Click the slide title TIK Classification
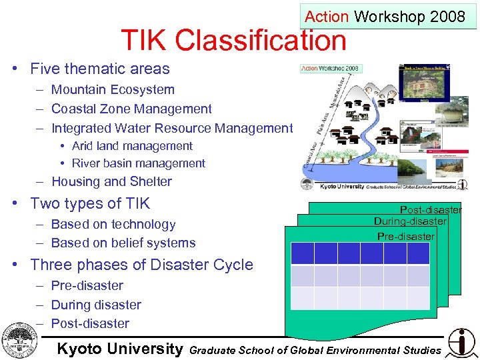click(233, 41)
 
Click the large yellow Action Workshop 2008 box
click(385, 17)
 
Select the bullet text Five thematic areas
click(100, 69)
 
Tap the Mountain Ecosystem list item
click(113, 90)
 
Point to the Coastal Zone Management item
click(131, 109)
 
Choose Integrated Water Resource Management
click(172, 128)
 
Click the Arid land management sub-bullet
click(132, 146)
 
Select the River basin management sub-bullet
click(138, 163)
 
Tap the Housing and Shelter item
click(111, 181)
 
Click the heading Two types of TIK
click(90, 203)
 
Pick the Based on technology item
click(113, 225)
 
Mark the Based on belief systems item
click(123, 243)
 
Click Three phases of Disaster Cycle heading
click(141, 265)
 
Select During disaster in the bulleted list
click(96, 305)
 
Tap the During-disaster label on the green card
click(409, 221)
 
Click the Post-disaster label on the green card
click(430, 210)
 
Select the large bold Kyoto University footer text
click(120, 349)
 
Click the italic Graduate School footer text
click(315, 350)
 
